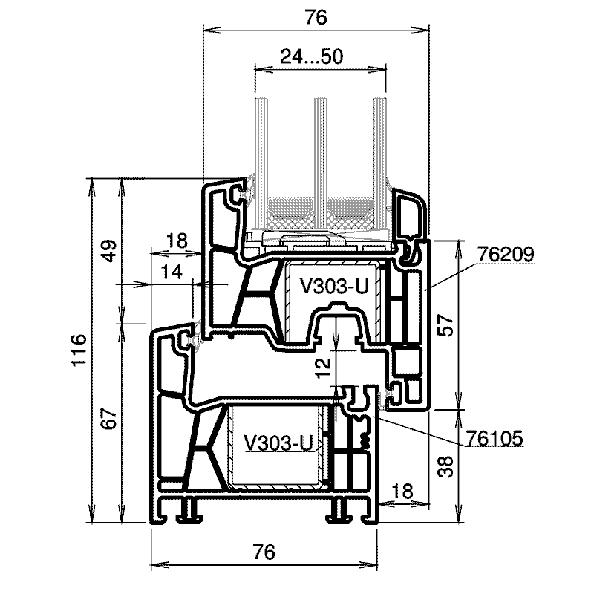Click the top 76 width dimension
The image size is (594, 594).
316,17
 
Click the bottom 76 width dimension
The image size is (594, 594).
264,552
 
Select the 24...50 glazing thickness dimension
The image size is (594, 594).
311,57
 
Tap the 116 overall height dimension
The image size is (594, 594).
79,350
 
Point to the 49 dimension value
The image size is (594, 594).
109,251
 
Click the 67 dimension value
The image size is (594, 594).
109,418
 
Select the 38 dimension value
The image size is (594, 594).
446,467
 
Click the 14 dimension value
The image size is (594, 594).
171,272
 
